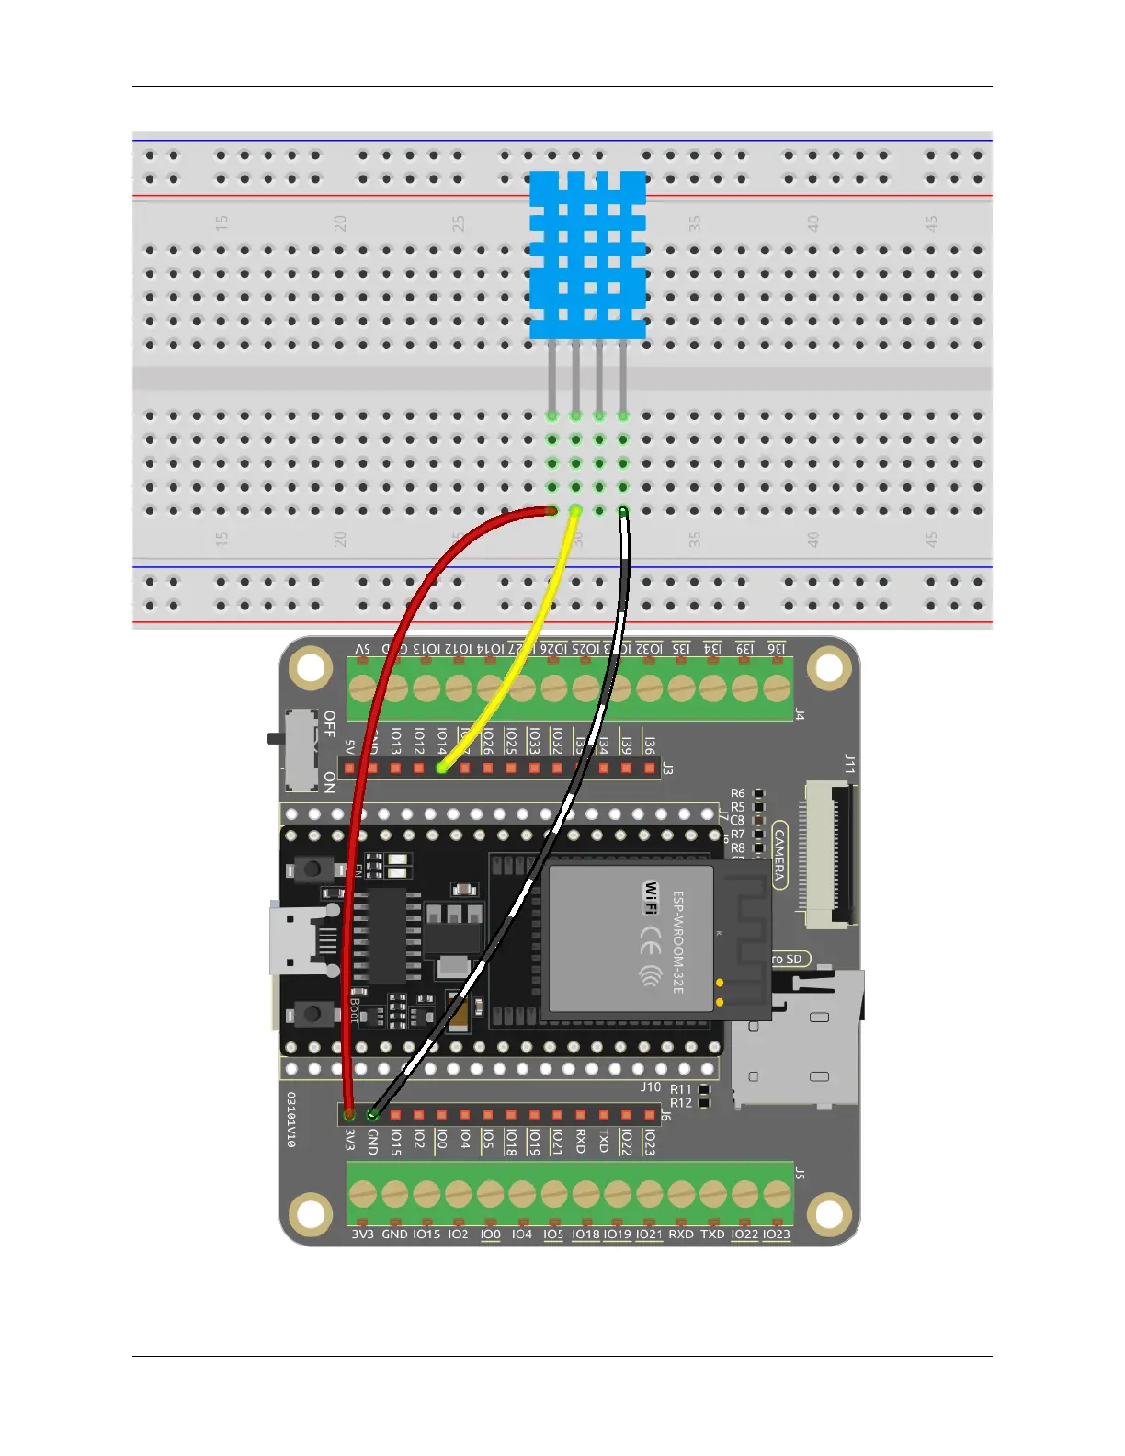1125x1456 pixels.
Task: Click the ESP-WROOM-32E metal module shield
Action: (x=631, y=938)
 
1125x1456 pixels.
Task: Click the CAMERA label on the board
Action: (x=779, y=855)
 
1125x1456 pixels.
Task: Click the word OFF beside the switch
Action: (x=330, y=723)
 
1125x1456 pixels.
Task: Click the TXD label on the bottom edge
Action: (x=712, y=1234)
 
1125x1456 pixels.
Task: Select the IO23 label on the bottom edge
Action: (x=777, y=1234)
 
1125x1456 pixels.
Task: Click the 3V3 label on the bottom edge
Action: (x=362, y=1234)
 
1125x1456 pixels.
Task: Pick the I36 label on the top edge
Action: (x=778, y=648)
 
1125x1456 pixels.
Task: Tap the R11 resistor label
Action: (x=680, y=1089)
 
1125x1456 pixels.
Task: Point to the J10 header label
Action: (x=651, y=1086)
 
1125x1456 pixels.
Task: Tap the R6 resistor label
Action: (x=738, y=793)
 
